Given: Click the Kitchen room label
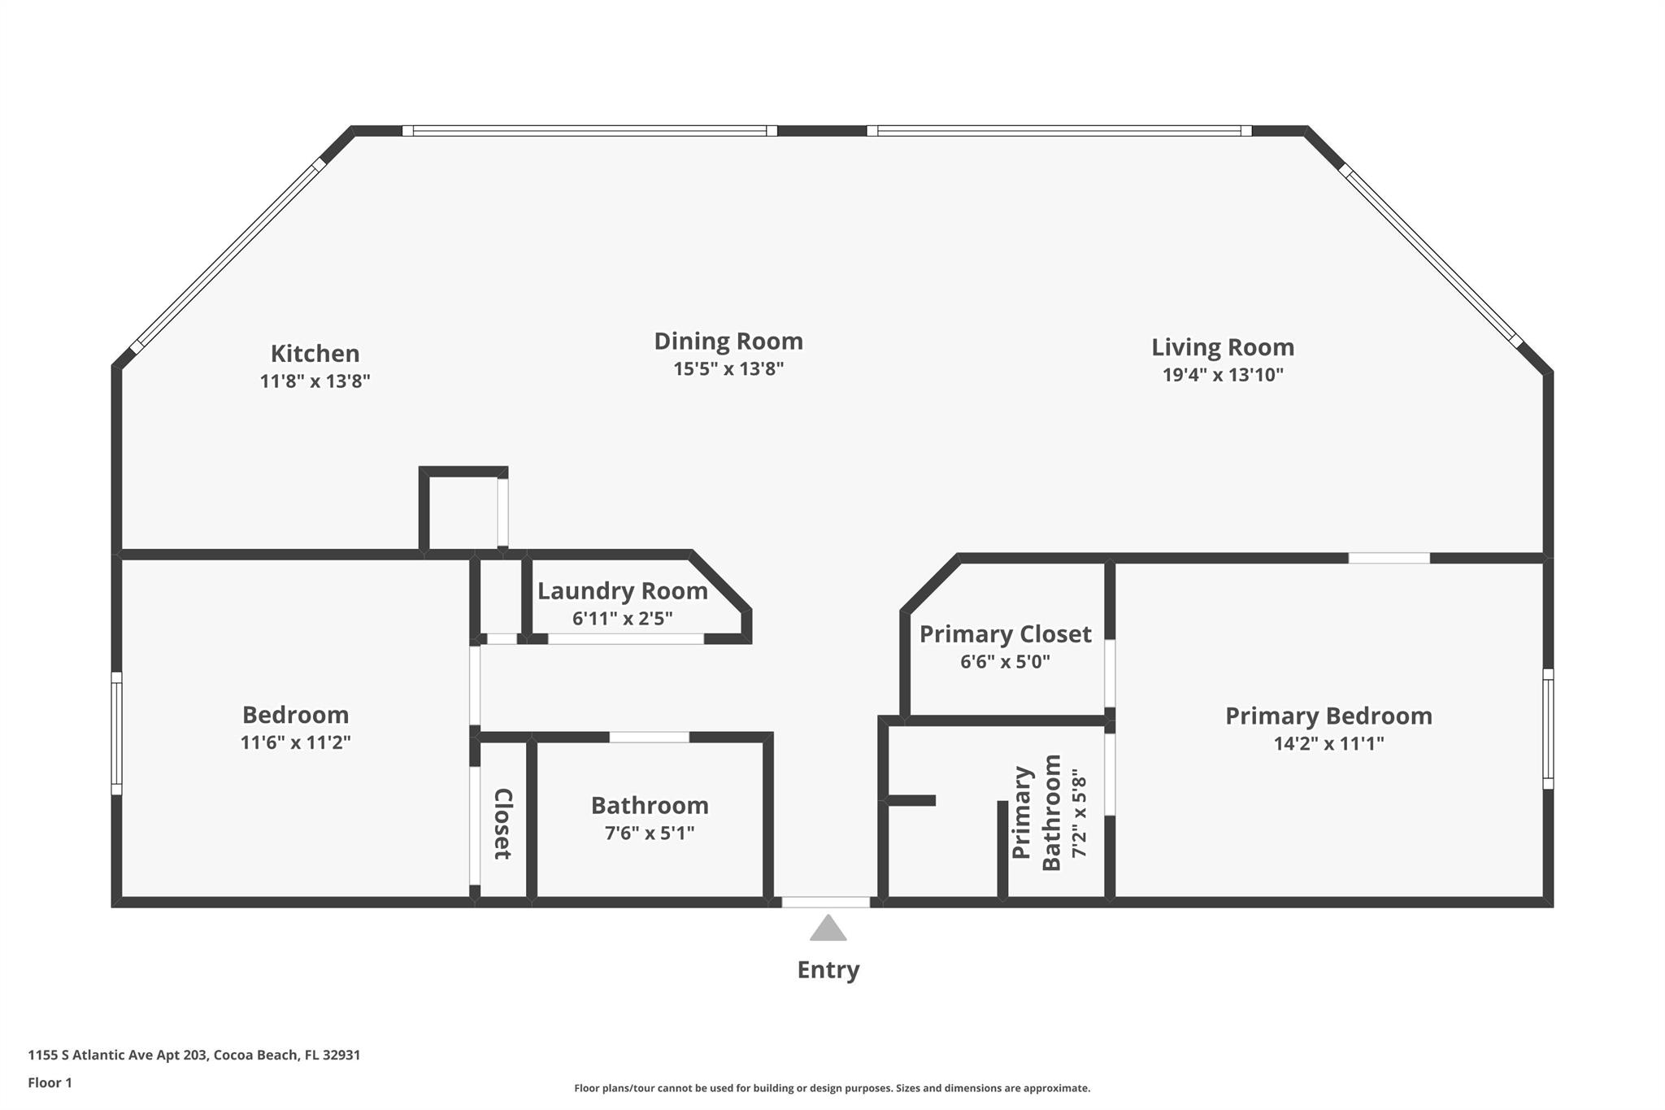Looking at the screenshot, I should click(315, 354).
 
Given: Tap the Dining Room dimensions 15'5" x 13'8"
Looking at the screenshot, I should click(728, 369).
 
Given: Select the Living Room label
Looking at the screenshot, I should click(1222, 347).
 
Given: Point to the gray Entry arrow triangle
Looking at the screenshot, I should click(828, 929).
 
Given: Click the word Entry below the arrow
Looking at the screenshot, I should click(828, 970).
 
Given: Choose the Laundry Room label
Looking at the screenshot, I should click(622, 591).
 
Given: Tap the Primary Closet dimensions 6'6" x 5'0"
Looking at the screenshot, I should click(1005, 662).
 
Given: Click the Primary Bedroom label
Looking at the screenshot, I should click(1328, 716).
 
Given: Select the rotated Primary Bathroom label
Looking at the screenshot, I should click(1037, 813).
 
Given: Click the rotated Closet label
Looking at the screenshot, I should click(503, 823).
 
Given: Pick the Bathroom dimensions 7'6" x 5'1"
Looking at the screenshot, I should click(649, 834).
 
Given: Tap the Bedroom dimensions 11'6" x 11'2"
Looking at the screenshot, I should click(295, 742).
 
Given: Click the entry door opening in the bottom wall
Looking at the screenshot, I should click(826, 902).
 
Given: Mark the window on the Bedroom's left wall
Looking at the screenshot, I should click(116, 733).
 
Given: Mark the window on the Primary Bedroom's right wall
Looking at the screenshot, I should click(1548, 729).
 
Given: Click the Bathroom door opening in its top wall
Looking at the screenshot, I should click(649, 738).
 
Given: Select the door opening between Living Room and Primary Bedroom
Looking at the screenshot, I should click(1389, 558).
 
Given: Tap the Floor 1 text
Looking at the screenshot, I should click(50, 1082).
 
